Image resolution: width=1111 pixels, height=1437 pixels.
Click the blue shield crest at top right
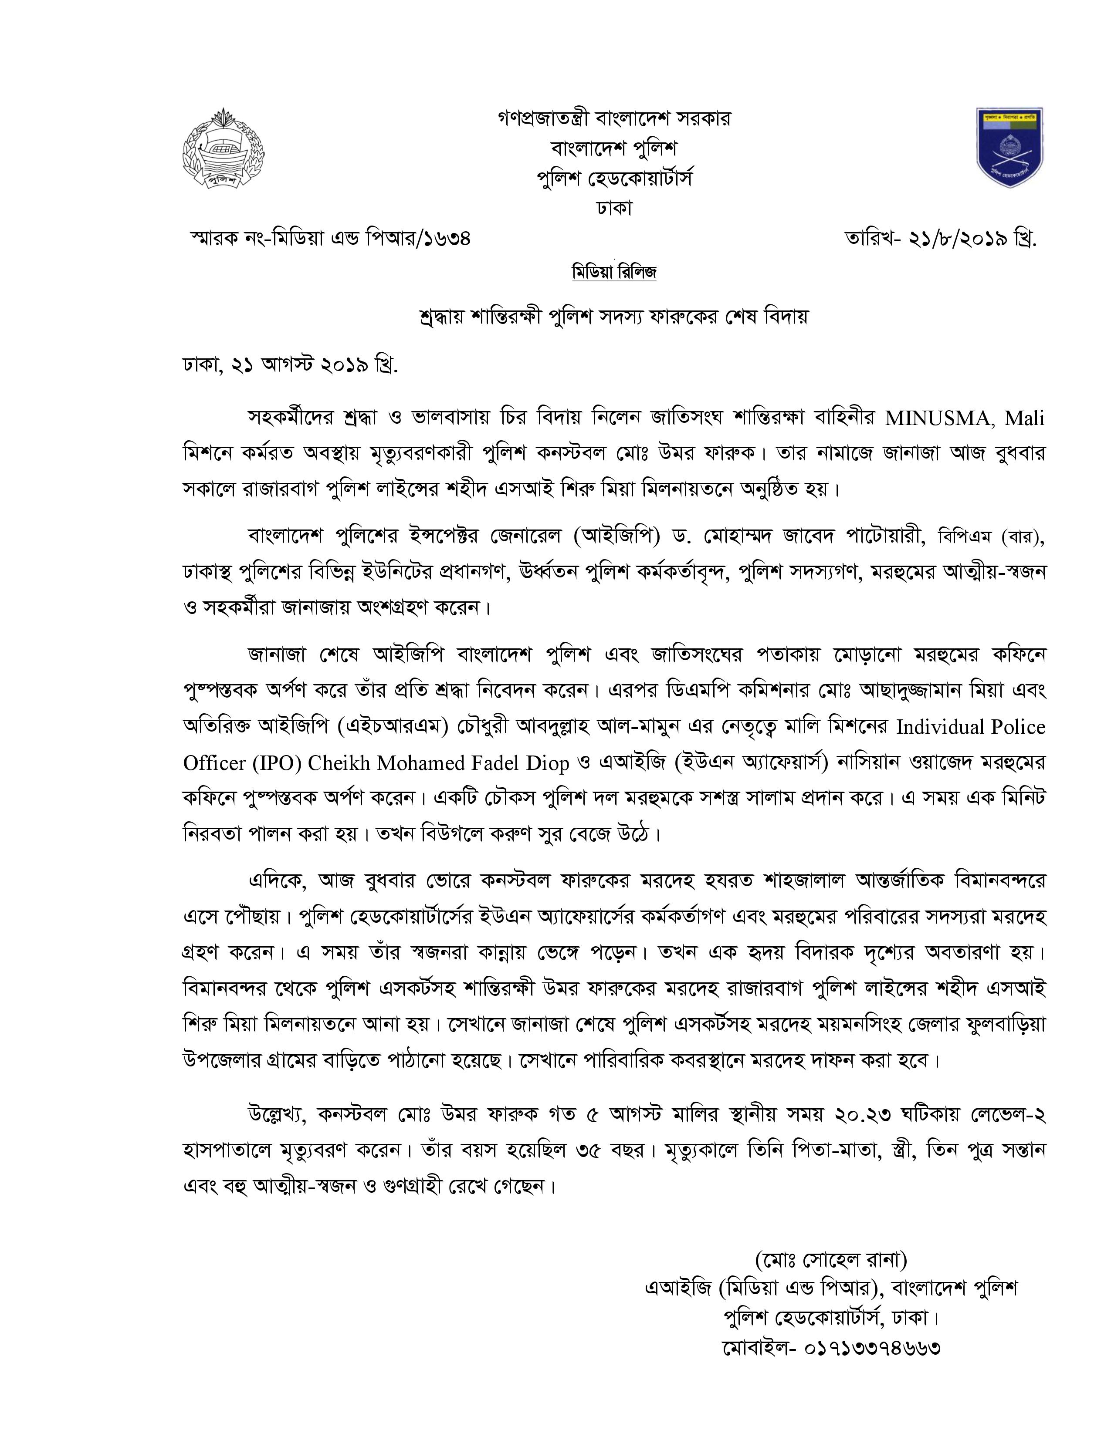point(1009,147)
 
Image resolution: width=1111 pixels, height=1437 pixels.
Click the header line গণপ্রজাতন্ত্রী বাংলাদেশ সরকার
point(614,119)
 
